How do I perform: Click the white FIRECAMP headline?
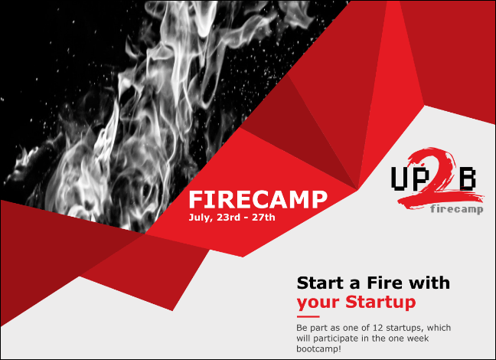[x=258, y=199]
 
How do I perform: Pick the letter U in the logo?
[x=401, y=178]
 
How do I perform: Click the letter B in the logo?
[x=468, y=178]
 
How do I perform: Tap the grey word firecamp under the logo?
[x=456, y=209]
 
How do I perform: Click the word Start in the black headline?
[x=321, y=283]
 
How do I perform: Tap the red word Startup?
[x=380, y=302]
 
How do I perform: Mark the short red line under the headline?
[x=308, y=316]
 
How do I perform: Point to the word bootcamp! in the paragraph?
[x=319, y=349]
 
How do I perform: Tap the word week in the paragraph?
[x=418, y=338]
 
